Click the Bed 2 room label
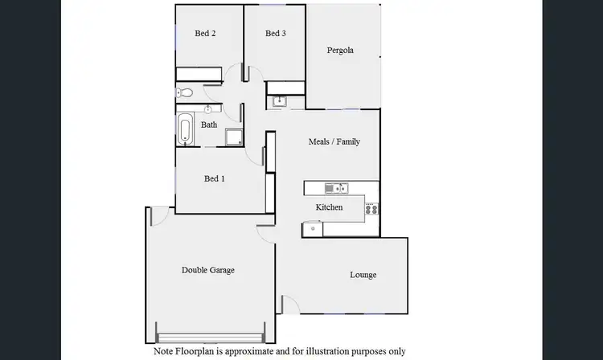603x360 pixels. point(206,34)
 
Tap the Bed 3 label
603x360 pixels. point(276,34)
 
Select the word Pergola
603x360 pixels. point(340,51)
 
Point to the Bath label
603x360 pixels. point(209,125)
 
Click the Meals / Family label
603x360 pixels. point(334,141)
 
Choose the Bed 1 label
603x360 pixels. point(214,178)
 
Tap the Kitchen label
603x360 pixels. point(329,207)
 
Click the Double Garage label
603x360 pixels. point(207,270)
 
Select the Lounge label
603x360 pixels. point(363,275)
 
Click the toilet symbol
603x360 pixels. point(184,93)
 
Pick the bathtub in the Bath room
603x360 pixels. point(186,131)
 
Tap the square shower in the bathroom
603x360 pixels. point(234,137)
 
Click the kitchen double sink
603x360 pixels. point(335,188)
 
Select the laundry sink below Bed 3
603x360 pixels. point(279,100)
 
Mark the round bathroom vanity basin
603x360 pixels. point(211,108)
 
